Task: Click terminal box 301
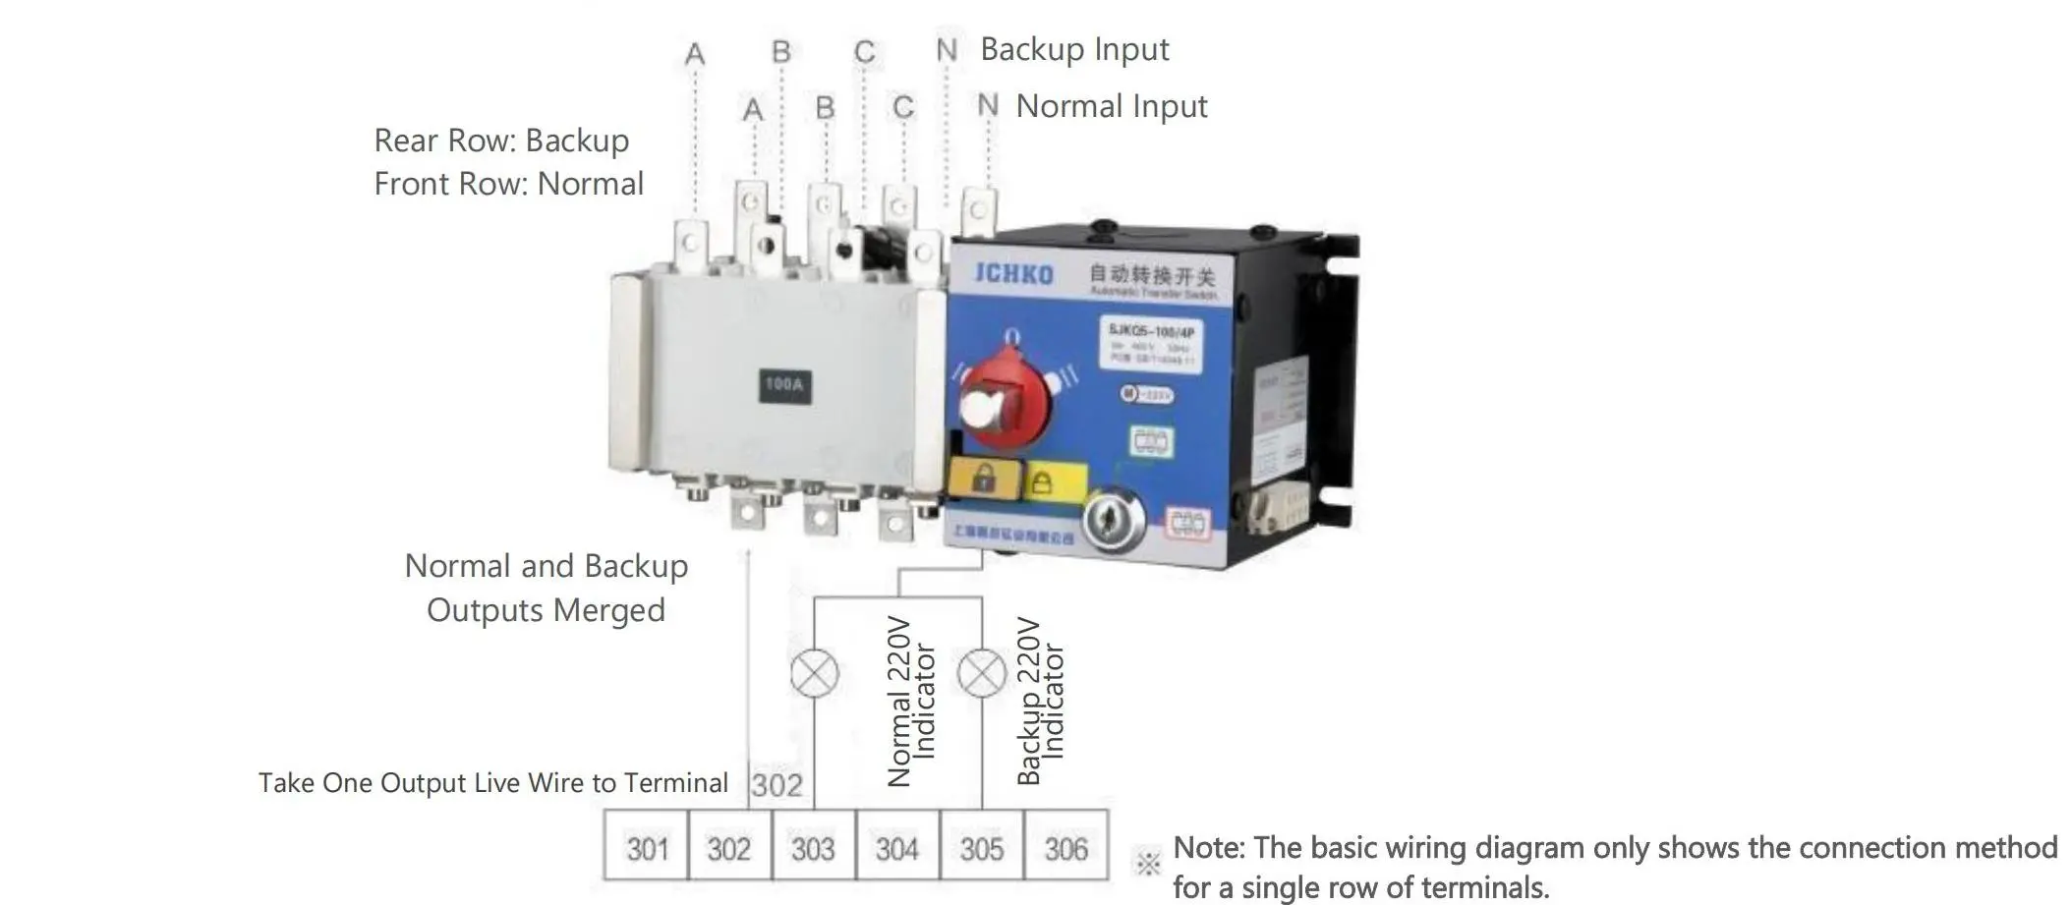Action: click(x=647, y=847)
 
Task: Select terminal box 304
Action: click(x=897, y=847)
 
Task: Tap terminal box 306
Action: click(x=1065, y=847)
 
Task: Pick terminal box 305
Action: click(x=982, y=847)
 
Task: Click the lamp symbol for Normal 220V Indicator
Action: click(x=815, y=674)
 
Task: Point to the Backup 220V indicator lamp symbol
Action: click(x=982, y=674)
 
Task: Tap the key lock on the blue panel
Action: click(x=1114, y=516)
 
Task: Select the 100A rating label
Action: click(x=784, y=384)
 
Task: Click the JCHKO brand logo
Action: click(x=1013, y=273)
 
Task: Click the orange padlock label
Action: click(x=984, y=479)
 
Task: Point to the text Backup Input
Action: click(x=1074, y=49)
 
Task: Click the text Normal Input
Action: click(x=1111, y=106)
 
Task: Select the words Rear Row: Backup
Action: click(x=501, y=141)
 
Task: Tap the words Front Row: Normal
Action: click(x=508, y=184)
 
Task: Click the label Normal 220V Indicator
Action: click(x=911, y=702)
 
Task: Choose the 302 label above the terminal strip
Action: click(x=777, y=784)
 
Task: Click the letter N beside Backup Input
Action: click(x=946, y=49)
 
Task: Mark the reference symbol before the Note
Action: click(x=1147, y=863)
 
